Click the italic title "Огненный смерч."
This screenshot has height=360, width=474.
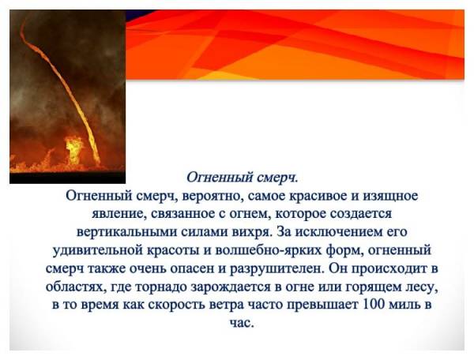pos(243,178)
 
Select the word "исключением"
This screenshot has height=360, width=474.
pos(340,233)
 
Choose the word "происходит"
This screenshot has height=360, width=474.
pos(388,268)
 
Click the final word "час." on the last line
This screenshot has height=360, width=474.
pos(241,323)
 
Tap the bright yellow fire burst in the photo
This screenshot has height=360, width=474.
pos(73,149)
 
